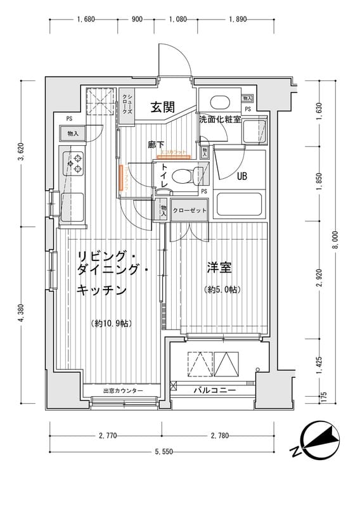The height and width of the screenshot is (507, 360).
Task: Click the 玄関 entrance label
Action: (x=163, y=107)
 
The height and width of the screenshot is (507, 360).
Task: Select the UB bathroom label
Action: (x=241, y=177)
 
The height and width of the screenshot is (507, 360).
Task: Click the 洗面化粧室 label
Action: (x=219, y=119)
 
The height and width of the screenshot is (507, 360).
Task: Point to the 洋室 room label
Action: (x=219, y=267)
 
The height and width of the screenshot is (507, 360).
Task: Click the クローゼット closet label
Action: (x=190, y=210)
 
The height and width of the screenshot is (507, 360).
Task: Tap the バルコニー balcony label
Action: (x=215, y=390)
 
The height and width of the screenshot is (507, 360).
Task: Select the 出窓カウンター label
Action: (x=124, y=391)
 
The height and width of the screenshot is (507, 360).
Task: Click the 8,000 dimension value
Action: (x=337, y=241)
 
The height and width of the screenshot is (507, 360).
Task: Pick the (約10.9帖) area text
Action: (x=112, y=324)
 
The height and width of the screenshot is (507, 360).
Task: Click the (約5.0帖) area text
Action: (x=221, y=290)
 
